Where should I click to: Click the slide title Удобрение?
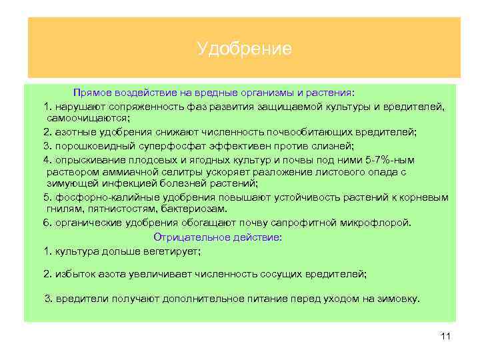pos(244,49)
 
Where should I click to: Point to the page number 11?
pos(446,337)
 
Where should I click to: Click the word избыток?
pos(74,273)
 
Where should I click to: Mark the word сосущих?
pos(281,273)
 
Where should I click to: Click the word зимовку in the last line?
pos(399,298)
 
